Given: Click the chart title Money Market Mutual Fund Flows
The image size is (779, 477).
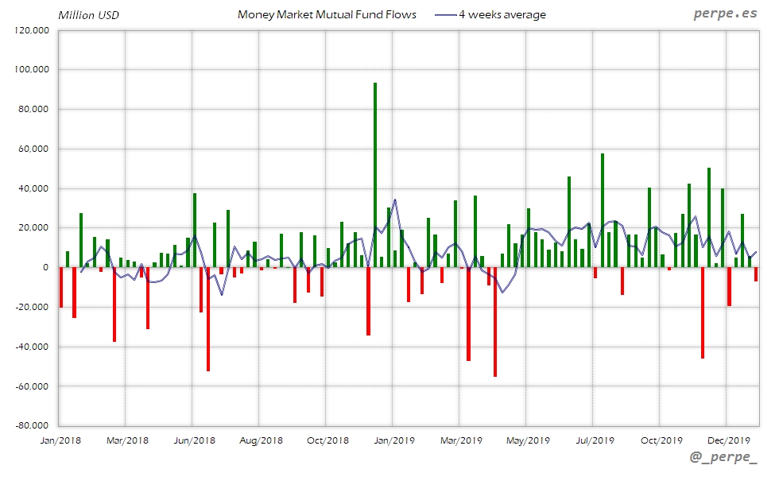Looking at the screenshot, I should pyautogui.click(x=327, y=15).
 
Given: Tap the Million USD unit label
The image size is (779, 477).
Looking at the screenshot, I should pyautogui.click(x=89, y=15).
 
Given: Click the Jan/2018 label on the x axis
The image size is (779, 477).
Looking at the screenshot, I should pyautogui.click(x=60, y=440).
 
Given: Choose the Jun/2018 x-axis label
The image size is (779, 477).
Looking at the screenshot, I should pyautogui.click(x=194, y=440).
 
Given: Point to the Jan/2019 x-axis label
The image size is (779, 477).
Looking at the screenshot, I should pyautogui.click(x=394, y=440).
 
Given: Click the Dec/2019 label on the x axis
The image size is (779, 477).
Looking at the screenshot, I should pyautogui.click(x=729, y=440).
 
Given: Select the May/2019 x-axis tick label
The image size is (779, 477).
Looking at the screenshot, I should pyautogui.click(x=528, y=440).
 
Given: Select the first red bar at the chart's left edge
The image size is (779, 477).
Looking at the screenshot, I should pyautogui.click(x=61, y=287).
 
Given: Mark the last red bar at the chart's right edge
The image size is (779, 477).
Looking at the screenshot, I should pyautogui.click(x=756, y=274).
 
